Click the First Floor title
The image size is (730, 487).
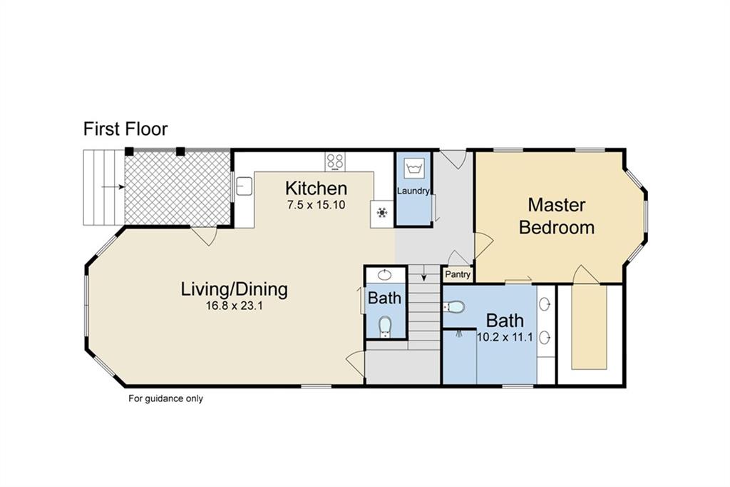tap(125, 129)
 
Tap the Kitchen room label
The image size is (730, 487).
tap(316, 189)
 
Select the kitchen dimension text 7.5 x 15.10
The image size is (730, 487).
tap(316, 205)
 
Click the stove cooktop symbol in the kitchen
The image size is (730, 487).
tap(335, 162)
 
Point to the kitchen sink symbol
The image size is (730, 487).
tap(244, 186)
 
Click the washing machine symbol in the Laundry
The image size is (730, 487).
tap(413, 168)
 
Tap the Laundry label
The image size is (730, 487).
tap(413, 191)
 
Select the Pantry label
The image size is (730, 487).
tap(458, 275)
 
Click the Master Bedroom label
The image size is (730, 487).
tap(557, 216)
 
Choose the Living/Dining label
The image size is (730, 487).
tap(234, 289)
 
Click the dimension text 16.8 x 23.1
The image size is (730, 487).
tap(234, 306)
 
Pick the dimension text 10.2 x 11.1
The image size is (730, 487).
tap(505, 337)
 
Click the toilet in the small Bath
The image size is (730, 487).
tap(385, 326)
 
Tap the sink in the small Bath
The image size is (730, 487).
tap(384, 275)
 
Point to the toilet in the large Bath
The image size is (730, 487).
tap(455, 307)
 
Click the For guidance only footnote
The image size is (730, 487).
tap(165, 399)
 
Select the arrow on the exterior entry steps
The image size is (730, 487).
tap(113, 187)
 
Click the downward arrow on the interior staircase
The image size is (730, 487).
tap(424, 273)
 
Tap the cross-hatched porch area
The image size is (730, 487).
tap(178, 188)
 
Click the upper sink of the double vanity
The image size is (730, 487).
tap(545, 304)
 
